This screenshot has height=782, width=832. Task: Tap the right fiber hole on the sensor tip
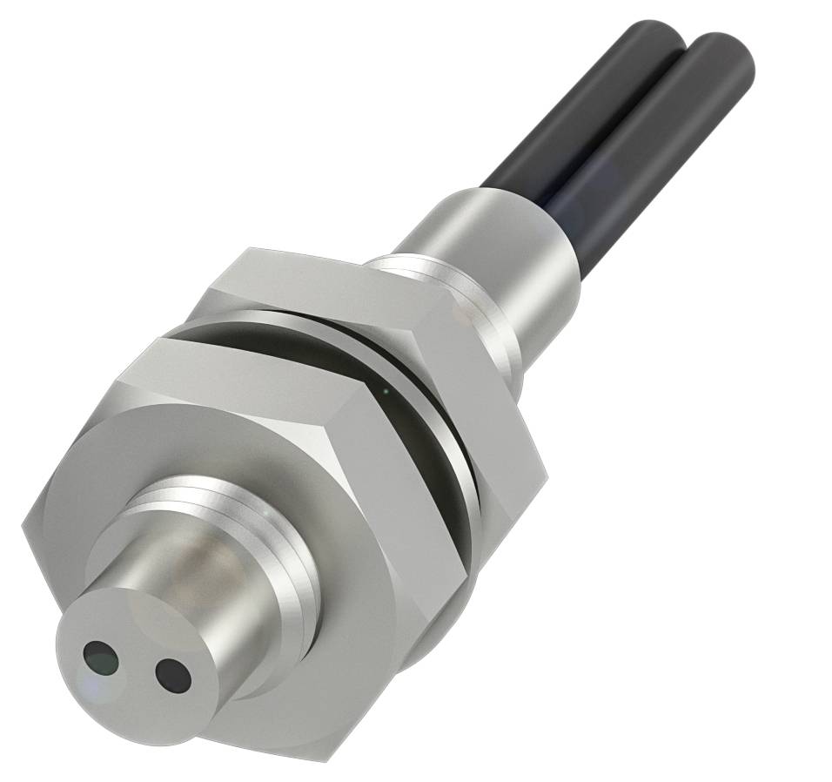172,672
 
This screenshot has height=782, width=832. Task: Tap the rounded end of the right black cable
722,52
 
